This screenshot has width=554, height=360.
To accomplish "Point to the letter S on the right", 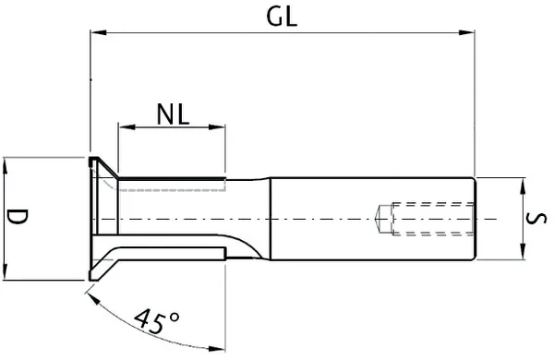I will (540, 219).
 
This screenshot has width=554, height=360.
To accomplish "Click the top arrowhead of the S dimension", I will (523, 184).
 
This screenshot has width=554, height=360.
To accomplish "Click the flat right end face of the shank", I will (475, 219).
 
